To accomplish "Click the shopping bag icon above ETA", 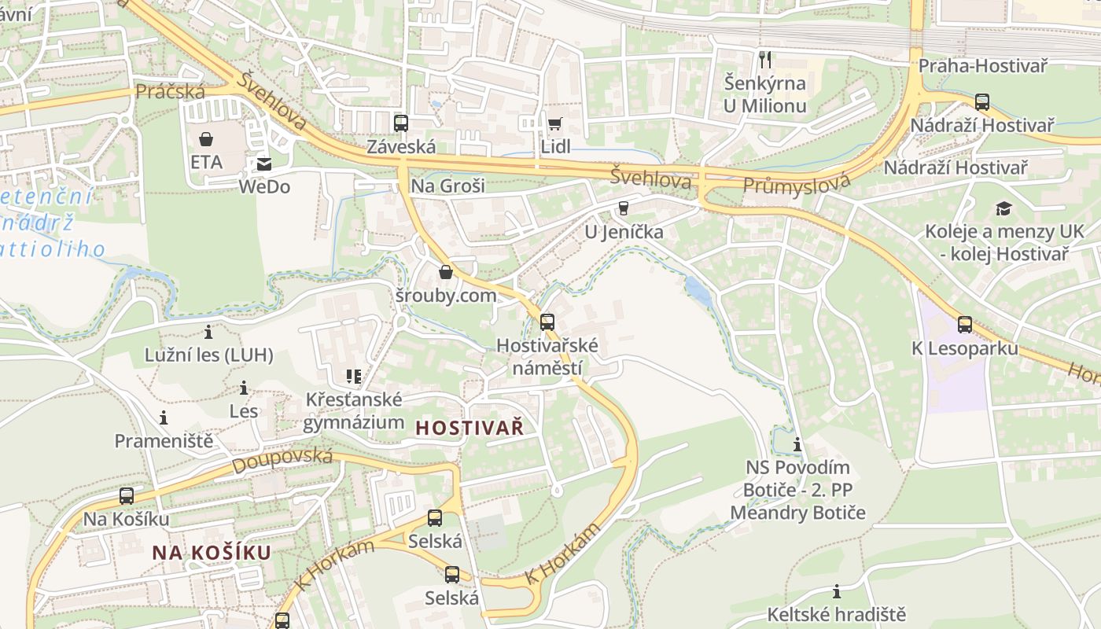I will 206,139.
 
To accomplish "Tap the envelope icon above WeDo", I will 263,164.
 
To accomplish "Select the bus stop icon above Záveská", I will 401,123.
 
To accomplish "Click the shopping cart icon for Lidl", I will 555,123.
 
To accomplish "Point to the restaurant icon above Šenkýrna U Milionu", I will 764,59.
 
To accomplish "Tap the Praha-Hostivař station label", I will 982,66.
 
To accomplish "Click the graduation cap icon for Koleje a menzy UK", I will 1003,208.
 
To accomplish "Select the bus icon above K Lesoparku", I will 965,324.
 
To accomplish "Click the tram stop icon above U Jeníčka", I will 624,208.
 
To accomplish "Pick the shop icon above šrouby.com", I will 446,272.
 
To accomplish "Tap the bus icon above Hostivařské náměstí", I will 547,322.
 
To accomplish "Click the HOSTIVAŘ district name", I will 469,428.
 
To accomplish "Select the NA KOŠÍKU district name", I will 212,553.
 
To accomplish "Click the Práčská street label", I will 170,92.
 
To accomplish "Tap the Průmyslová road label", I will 797,185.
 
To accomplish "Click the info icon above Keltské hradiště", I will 837,591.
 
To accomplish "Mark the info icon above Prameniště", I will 164,417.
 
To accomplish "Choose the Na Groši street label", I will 447,186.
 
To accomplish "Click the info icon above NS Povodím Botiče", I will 797,445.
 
